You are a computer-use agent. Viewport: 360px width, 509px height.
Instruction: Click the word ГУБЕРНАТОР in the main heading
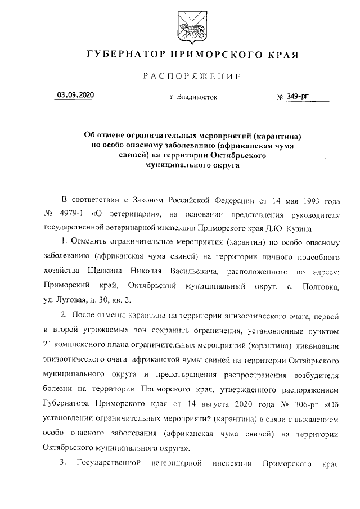click(x=122, y=55)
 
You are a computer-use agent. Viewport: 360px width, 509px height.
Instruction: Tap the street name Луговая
click(x=70, y=300)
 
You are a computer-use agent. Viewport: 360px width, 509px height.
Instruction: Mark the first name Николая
click(x=151, y=272)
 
